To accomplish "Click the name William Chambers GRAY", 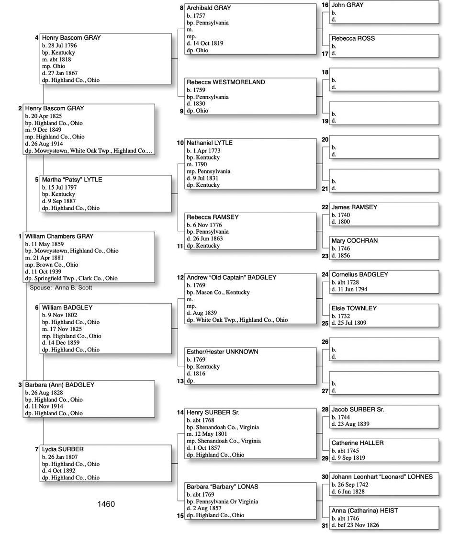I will pyautogui.click(x=59, y=236).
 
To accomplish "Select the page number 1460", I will pyautogui.click(x=106, y=504).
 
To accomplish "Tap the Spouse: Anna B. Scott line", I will pyautogui.click(x=61, y=287).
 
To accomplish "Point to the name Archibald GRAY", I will pyautogui.click(x=209, y=8).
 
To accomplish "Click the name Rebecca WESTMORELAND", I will pyautogui.click(x=225, y=82).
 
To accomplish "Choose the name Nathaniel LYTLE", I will pyautogui.click(x=210, y=143).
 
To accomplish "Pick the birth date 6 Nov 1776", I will pyautogui.click(x=208, y=225).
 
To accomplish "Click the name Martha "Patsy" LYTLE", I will pyautogui.click(x=72, y=180).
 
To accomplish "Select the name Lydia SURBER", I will pyautogui.click(x=63, y=449).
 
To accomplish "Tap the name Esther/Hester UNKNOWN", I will pyautogui.click(x=222, y=352).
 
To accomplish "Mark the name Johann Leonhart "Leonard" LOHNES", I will pyautogui.click(x=382, y=477).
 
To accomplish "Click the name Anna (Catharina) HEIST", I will pyautogui.click(x=365, y=511).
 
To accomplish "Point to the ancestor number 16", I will pyautogui.click(x=325, y=5).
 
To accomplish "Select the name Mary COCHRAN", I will pyautogui.click(x=355, y=240).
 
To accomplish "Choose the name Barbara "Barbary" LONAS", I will pyautogui.click(x=223, y=487).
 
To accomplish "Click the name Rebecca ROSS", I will pyautogui.click(x=353, y=38).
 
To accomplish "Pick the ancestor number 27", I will pyautogui.click(x=325, y=391).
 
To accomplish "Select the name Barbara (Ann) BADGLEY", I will pyautogui.click(x=60, y=385).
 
